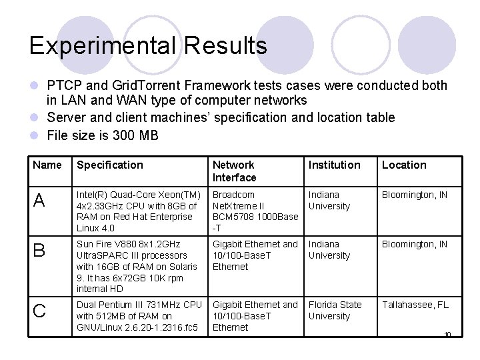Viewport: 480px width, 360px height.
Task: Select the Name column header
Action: pos(47,165)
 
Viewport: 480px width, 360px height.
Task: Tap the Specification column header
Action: pos(110,165)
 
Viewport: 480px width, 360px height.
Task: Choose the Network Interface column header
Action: pos(234,171)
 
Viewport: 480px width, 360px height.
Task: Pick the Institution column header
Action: pos(334,165)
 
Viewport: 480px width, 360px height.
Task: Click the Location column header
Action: pos(404,165)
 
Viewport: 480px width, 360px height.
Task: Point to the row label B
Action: pos(39,251)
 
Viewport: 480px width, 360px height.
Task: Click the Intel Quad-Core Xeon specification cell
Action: pos(139,211)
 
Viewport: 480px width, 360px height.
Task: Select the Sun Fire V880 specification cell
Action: pos(137,266)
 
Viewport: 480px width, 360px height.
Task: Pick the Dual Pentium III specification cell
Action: pos(139,316)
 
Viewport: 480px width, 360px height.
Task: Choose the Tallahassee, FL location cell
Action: pos(415,305)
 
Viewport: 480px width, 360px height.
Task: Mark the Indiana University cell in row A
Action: pos(329,200)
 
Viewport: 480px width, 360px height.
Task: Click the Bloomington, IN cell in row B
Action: pos(415,244)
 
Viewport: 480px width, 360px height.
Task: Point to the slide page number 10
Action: pos(447,334)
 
